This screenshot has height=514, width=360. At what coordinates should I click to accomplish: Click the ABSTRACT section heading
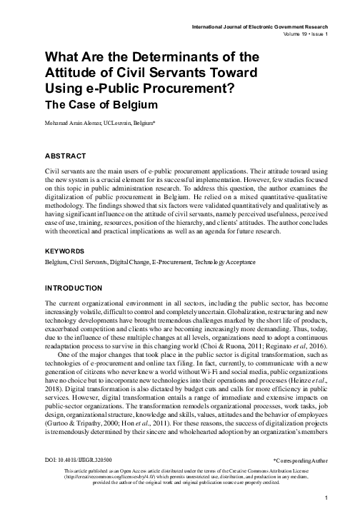65,155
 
